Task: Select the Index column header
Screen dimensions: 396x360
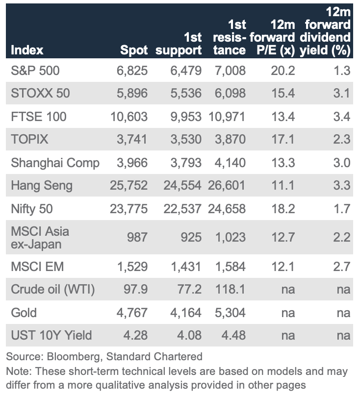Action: tap(27, 50)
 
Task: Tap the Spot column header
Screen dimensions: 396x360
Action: tap(134, 50)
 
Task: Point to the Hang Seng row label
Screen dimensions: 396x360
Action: tap(42, 186)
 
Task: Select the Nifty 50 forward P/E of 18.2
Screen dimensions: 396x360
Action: tap(283, 209)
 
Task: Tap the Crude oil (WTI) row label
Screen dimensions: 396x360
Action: tap(53, 290)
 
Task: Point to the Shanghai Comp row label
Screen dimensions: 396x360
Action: tap(55, 163)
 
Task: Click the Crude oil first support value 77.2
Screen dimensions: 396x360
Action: tap(189, 290)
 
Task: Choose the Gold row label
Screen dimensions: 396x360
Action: tap(24, 313)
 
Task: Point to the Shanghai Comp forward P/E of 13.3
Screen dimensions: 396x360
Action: tap(283, 163)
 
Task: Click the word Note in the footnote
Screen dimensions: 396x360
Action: tap(16, 371)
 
